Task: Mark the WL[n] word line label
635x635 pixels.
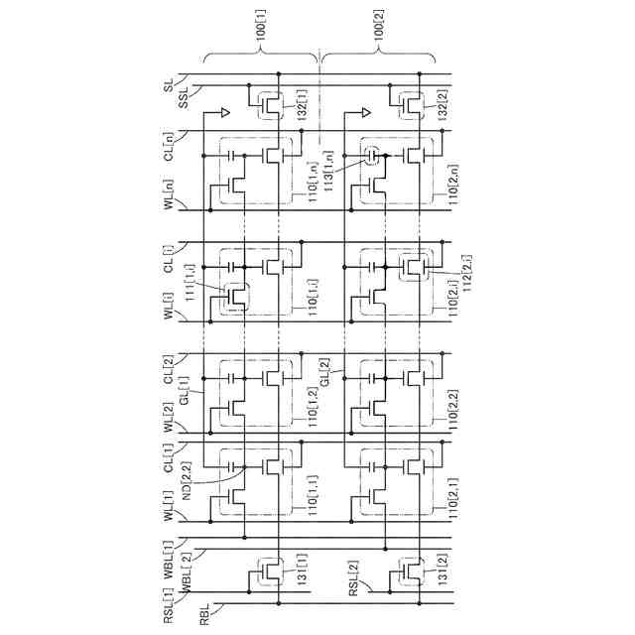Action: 170,190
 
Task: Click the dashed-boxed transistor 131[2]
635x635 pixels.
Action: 407,570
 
